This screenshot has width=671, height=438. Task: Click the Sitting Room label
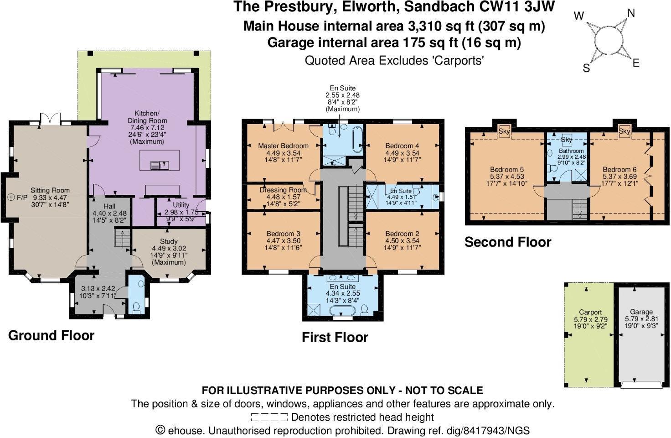tap(50, 190)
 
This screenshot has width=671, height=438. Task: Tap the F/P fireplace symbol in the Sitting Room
tap(11, 198)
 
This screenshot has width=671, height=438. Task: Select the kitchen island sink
tap(160, 165)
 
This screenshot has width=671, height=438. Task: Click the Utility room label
tap(181, 205)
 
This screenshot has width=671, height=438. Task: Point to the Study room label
tap(169, 241)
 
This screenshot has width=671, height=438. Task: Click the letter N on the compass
tap(631, 14)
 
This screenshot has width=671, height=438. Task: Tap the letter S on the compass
tap(587, 68)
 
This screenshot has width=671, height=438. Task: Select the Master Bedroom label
tap(283, 146)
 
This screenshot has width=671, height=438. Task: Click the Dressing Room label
tap(283, 190)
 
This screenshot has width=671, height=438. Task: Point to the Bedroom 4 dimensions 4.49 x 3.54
tap(402, 153)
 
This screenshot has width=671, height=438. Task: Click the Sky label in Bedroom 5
tap(504, 131)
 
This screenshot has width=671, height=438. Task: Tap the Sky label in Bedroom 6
tap(625, 131)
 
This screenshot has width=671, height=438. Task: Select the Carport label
tap(590, 313)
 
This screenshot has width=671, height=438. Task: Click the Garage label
tap(641, 312)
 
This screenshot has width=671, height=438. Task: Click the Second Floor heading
tap(508, 242)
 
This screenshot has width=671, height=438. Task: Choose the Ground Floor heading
tap(51, 335)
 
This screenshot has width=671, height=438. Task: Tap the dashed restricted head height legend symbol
tap(269, 417)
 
